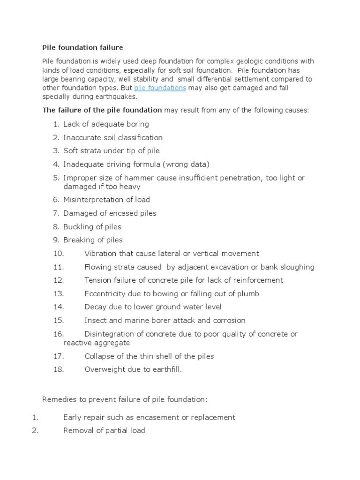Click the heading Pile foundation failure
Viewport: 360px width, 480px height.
[x=82, y=47]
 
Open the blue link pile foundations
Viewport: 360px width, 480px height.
[x=160, y=88]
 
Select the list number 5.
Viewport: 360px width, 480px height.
[x=56, y=178]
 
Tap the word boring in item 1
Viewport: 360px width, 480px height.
[x=137, y=124]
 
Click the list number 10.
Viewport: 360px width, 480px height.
[x=58, y=254]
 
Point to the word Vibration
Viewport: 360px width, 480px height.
[x=101, y=254]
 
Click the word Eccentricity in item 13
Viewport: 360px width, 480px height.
[x=105, y=294]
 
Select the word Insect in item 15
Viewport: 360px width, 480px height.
[x=95, y=321]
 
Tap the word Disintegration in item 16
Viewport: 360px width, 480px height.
[x=108, y=334]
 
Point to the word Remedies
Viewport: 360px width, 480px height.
[x=58, y=399]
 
